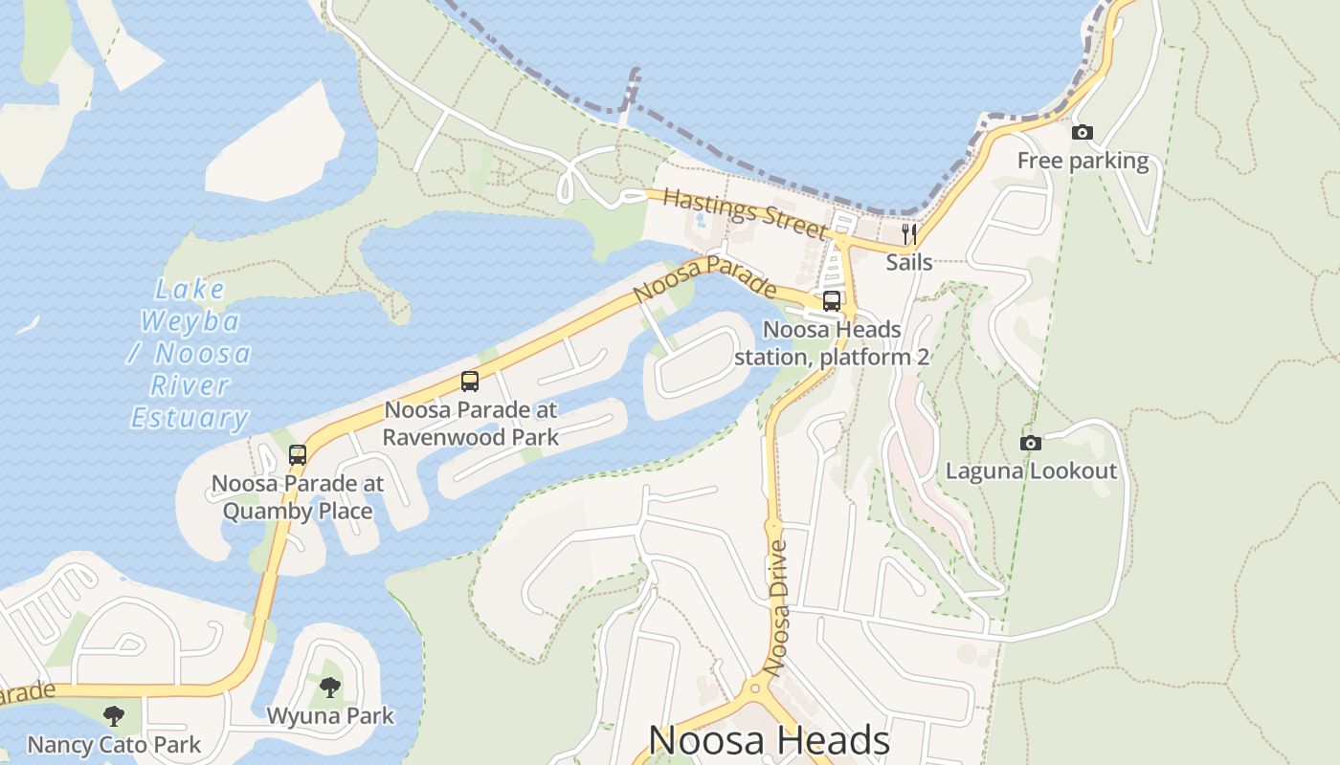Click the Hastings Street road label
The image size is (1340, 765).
pyautogui.click(x=744, y=213)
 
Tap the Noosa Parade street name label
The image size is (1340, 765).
pyautogui.click(x=704, y=278)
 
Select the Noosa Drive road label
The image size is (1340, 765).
pyautogui.click(x=778, y=607)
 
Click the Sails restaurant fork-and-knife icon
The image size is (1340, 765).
pyautogui.click(x=909, y=232)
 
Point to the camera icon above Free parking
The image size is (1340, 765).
pyautogui.click(x=1083, y=133)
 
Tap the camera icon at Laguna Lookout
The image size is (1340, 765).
pyautogui.click(x=1031, y=443)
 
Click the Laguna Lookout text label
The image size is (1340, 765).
pyautogui.click(x=1031, y=470)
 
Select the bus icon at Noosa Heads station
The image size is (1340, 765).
pyautogui.click(x=832, y=301)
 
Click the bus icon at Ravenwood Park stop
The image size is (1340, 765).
pyautogui.click(x=469, y=382)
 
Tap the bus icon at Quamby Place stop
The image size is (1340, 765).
pyautogui.click(x=298, y=455)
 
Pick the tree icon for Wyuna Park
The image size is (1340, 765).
pyautogui.click(x=329, y=687)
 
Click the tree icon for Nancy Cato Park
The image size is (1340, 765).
pyautogui.click(x=114, y=715)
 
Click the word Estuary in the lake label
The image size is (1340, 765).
pyautogui.click(x=190, y=418)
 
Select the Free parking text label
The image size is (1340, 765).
pyautogui.click(x=1083, y=161)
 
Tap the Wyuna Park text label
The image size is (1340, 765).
pyautogui.click(x=329, y=715)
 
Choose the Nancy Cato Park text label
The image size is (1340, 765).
pyautogui.click(x=114, y=744)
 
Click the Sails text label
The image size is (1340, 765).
pyautogui.click(x=909, y=261)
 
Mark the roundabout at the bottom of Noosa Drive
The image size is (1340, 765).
pyautogui.click(x=755, y=687)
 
